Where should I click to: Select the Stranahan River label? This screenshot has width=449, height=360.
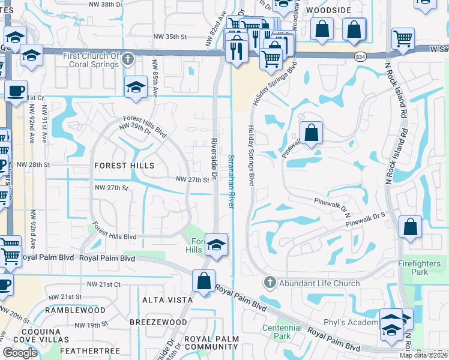pos(231,180)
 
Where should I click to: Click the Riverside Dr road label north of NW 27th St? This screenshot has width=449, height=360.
pos(214,152)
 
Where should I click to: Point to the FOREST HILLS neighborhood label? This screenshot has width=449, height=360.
pos(124,166)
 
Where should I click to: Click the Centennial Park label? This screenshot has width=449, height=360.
pos(282,332)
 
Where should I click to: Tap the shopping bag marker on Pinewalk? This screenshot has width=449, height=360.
pos(310,133)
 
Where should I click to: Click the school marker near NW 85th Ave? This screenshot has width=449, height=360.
pos(136,87)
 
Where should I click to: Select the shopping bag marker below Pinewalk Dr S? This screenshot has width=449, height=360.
pos(411,228)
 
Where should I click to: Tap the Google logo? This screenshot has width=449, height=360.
pos(20,353)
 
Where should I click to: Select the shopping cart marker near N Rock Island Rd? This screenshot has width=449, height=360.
pos(403,39)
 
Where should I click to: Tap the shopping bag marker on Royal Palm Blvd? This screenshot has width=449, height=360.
pos(204,281)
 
